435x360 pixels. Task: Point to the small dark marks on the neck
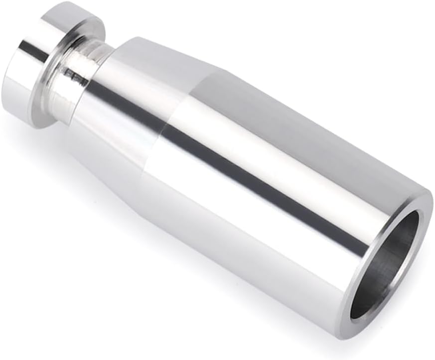tap(75, 76)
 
